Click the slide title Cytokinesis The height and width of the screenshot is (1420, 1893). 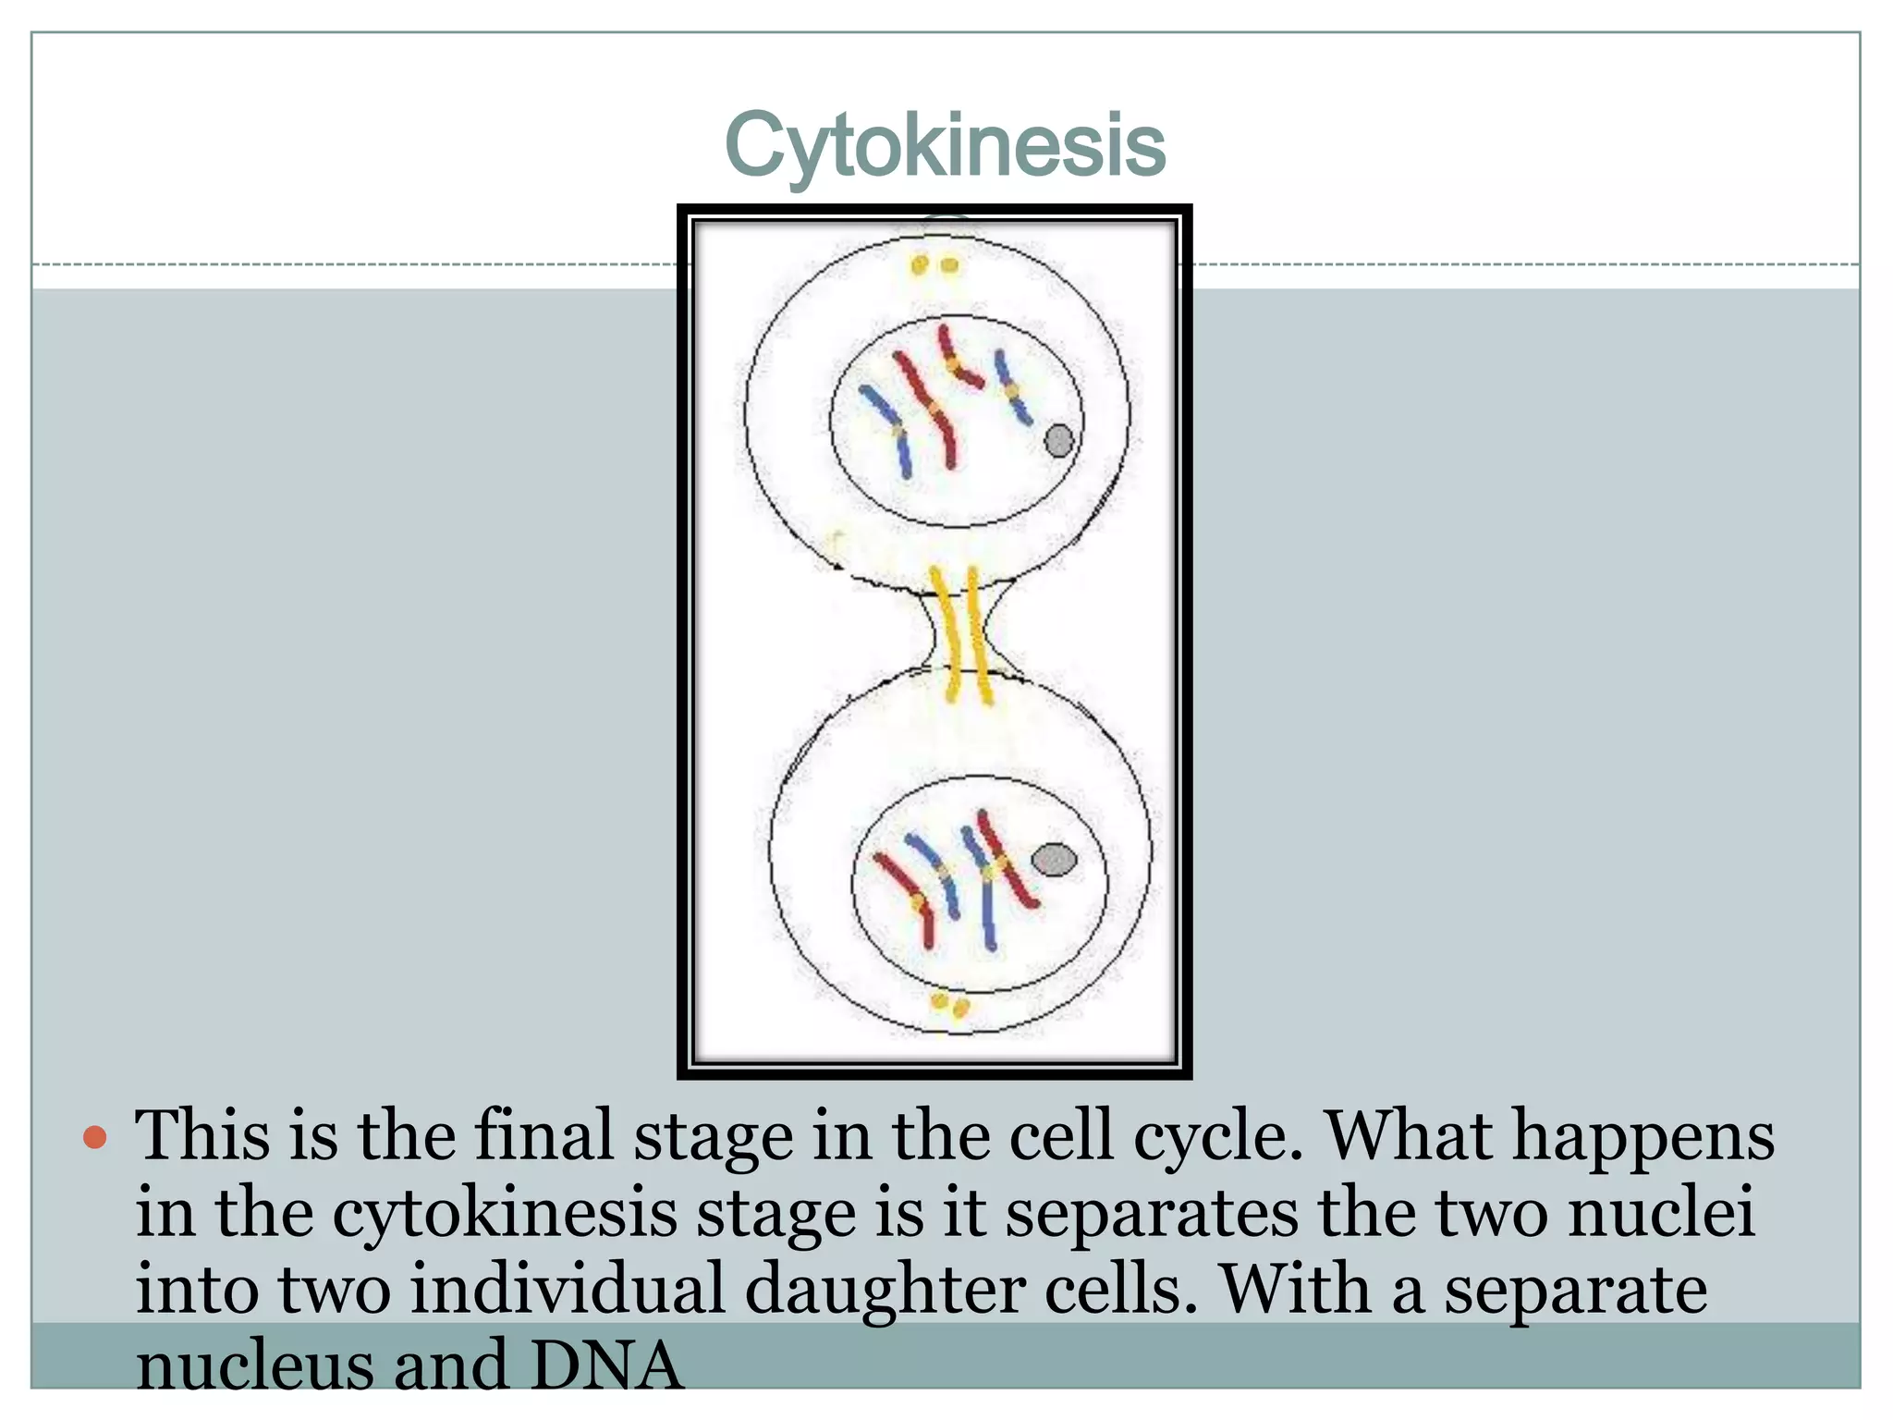tap(945, 146)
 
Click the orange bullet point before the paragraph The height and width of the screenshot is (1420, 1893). tap(95, 1136)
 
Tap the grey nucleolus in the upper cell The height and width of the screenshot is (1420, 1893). tap(1059, 440)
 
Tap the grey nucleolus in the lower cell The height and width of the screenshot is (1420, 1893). tap(1054, 860)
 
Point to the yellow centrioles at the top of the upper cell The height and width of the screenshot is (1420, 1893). tap(934, 266)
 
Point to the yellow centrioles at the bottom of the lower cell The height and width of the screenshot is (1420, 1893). tap(949, 1003)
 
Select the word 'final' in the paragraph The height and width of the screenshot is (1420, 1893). tap(543, 1136)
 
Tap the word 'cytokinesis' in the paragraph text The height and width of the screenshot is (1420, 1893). tap(505, 1213)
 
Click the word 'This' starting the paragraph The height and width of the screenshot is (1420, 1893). tap(202, 1136)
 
